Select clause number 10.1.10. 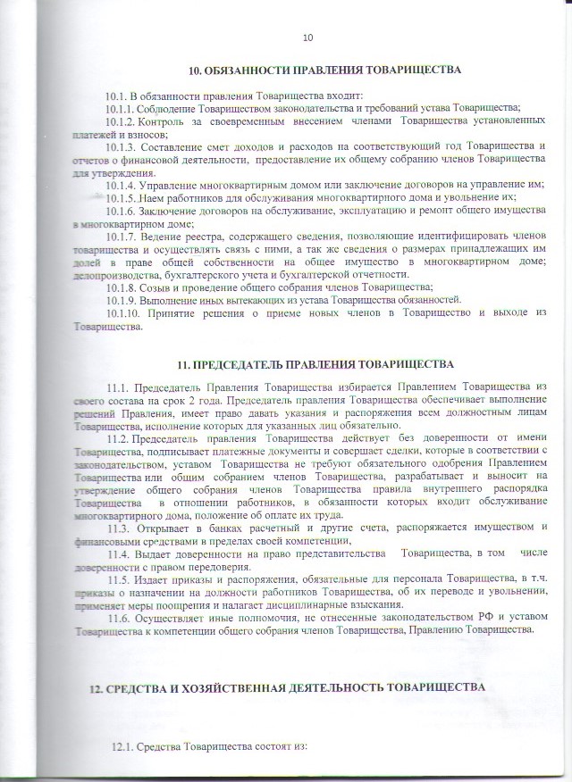[x=123, y=313]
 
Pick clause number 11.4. [x=117, y=553]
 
